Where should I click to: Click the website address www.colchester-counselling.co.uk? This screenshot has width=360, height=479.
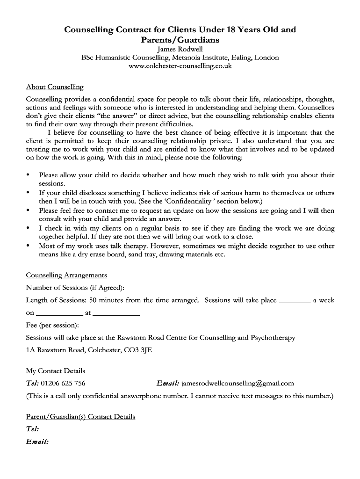[180, 66]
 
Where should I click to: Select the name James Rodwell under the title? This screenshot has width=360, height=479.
[180, 49]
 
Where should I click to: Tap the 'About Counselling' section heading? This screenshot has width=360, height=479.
[55, 87]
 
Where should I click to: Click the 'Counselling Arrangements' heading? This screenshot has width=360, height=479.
[66, 275]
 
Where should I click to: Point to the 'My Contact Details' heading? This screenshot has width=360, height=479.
[55, 371]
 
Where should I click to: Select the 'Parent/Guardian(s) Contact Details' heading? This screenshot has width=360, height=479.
[80, 417]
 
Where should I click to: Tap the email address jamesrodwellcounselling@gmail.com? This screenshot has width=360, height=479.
[238, 384]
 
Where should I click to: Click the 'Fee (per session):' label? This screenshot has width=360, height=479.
[52, 325]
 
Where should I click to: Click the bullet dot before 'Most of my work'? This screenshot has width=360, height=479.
[29, 246]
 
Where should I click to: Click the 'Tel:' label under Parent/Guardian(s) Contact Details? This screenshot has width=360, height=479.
[32, 429]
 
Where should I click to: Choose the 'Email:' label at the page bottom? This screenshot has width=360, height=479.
[37, 441]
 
